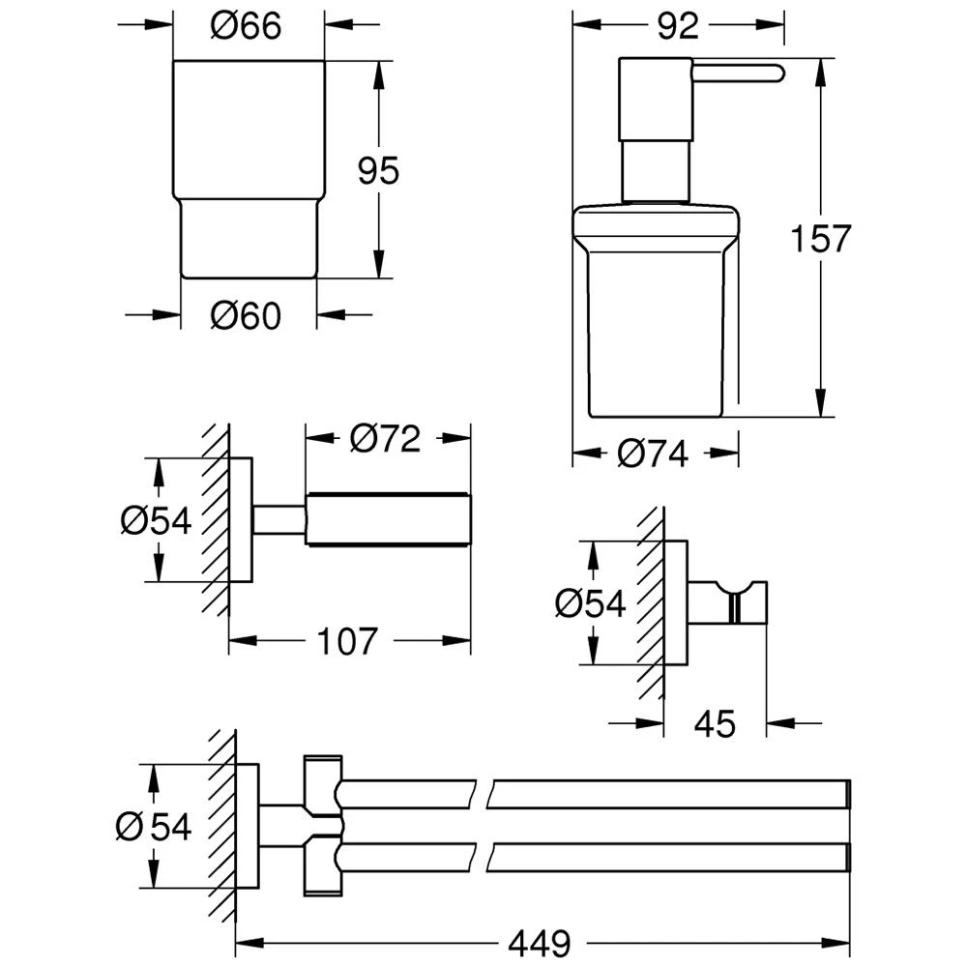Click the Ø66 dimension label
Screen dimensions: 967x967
pos(247,27)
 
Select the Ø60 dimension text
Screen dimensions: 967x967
pos(247,314)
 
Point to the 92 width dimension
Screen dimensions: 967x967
pos(679,27)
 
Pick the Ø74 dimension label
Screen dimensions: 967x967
pos(654,453)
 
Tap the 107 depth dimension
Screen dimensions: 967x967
pos(348,639)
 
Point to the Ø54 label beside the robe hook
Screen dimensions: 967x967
pos(591,604)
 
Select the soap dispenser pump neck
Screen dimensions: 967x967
pos(655,170)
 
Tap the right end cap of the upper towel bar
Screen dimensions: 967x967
pos(848,793)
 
